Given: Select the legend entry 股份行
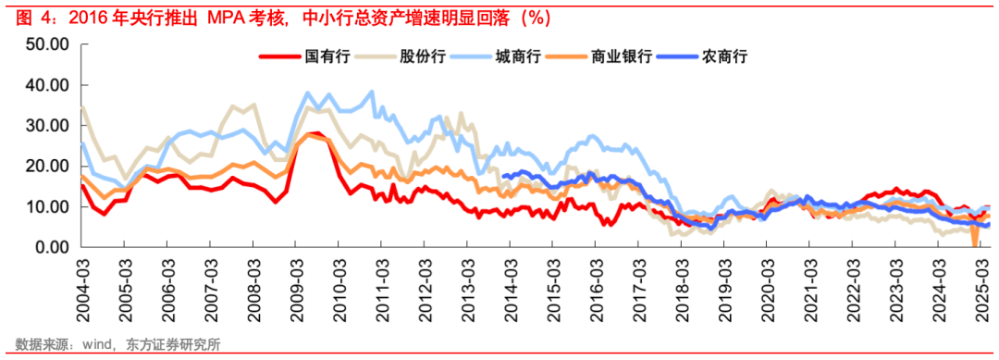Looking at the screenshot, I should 423,56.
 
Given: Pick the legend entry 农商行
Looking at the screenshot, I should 724,56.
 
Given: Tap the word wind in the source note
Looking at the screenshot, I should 101,345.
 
